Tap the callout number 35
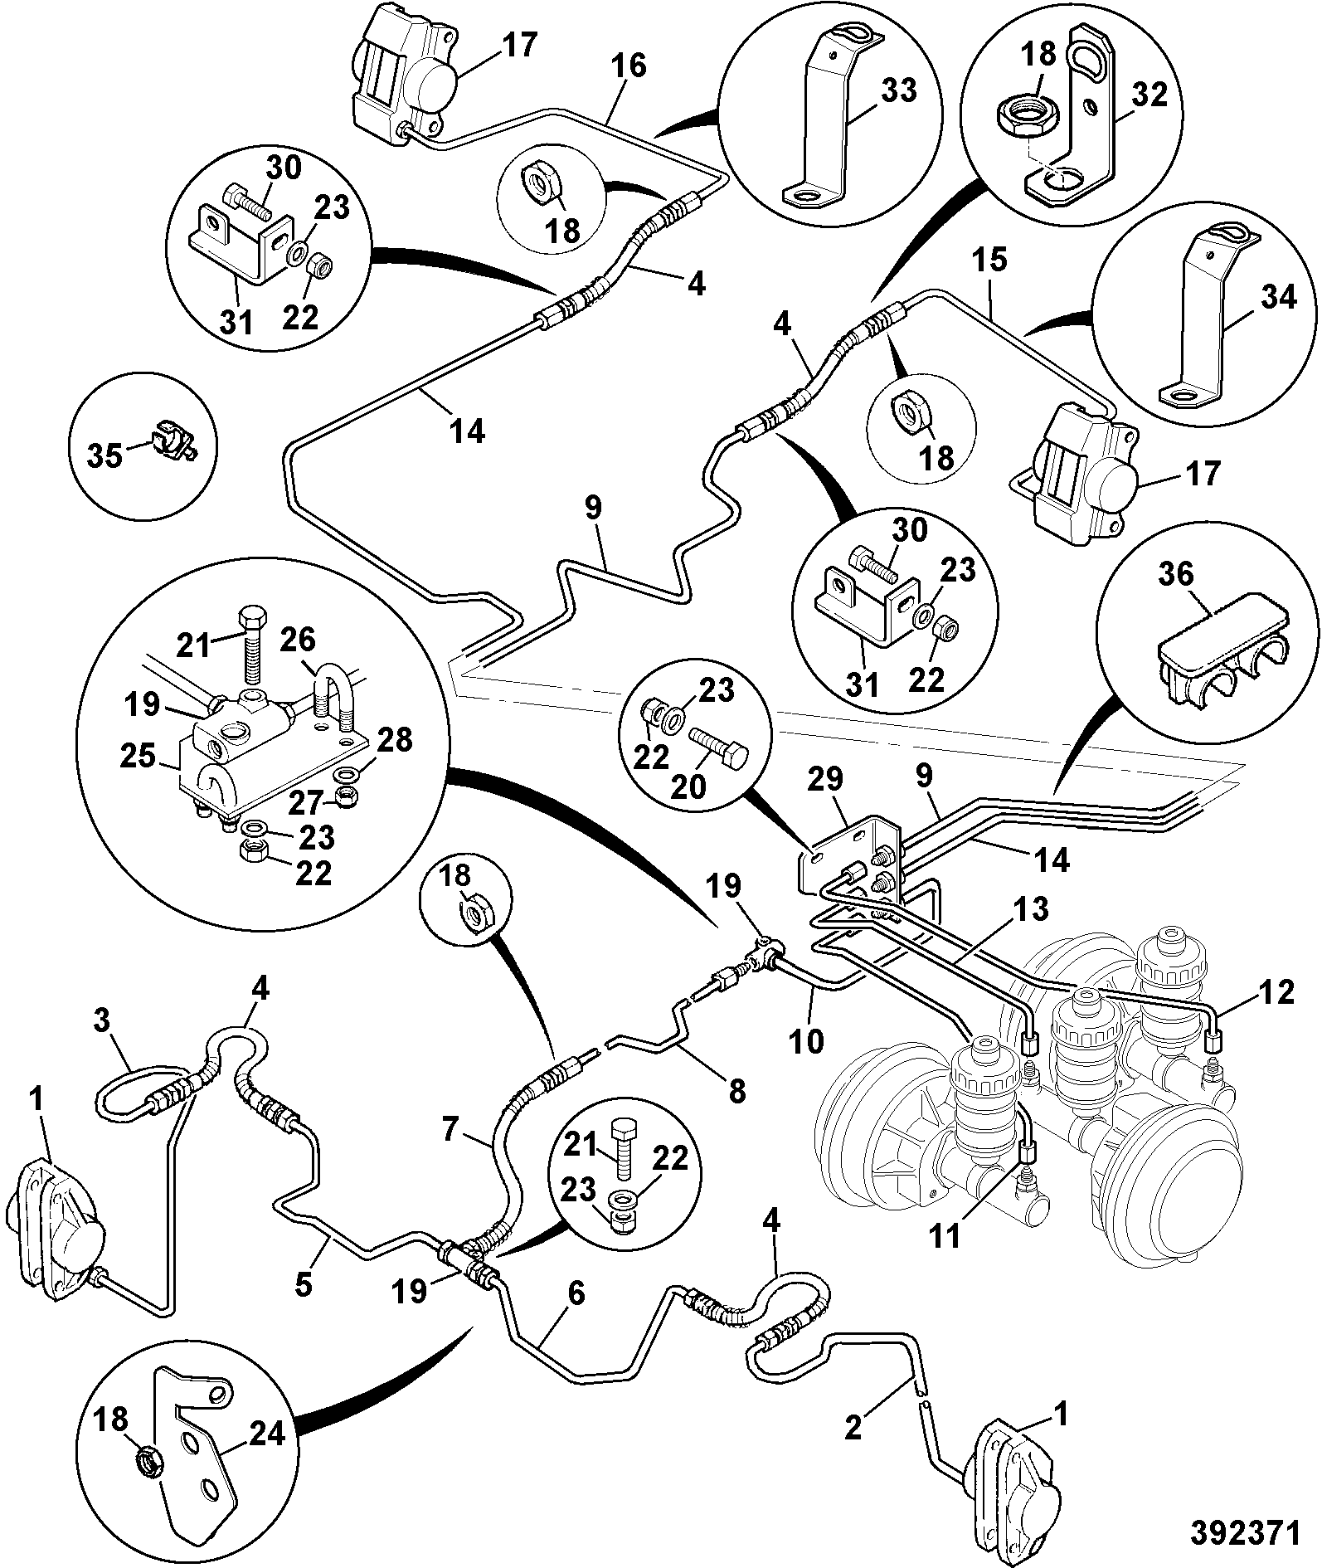click(x=105, y=455)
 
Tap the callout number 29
click(x=825, y=779)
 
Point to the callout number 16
click(x=629, y=66)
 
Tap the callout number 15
click(x=990, y=260)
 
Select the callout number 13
click(x=1028, y=909)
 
